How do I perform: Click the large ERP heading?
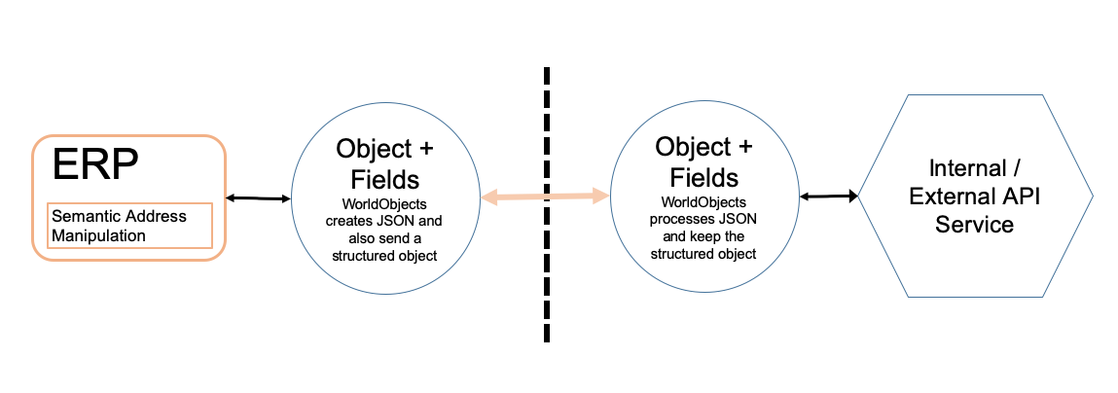[x=95, y=166]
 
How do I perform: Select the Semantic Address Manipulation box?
[x=129, y=226]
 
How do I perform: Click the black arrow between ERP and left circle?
[x=258, y=197]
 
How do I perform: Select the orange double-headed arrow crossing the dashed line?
[x=546, y=196]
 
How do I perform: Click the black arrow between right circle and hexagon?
[x=828, y=196]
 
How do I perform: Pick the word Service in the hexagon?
[x=975, y=224]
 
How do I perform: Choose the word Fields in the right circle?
[x=703, y=175]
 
